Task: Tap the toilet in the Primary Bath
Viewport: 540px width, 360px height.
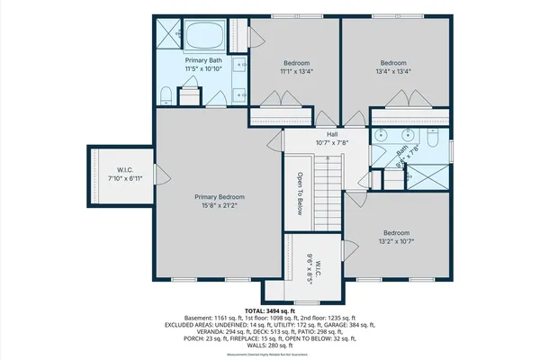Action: point(190,94)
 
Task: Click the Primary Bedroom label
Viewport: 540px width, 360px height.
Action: point(220,196)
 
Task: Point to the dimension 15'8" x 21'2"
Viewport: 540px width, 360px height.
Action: point(220,206)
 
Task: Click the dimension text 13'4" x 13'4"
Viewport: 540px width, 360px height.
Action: point(394,72)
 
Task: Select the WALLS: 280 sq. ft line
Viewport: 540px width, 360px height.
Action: point(269,345)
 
